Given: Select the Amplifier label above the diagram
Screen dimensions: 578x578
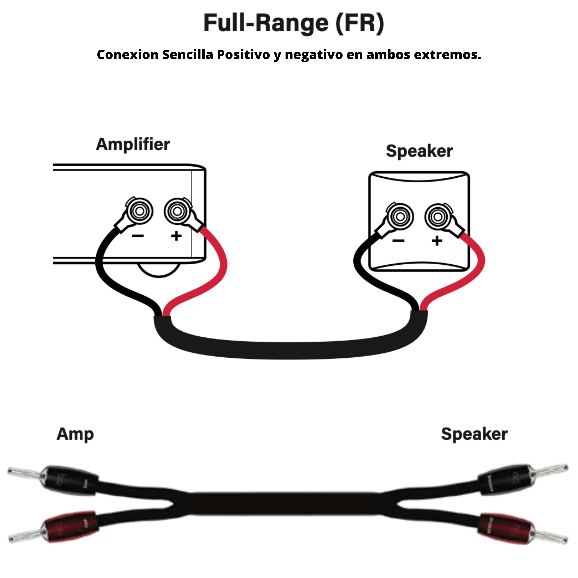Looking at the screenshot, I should point(133,145).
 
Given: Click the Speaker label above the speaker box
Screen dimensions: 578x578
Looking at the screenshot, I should point(419,151).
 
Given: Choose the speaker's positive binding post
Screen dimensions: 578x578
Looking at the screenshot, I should point(438,217).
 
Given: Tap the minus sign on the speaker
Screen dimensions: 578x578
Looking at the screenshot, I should point(399,241).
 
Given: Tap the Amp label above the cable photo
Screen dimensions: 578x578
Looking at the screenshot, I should point(75,434).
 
